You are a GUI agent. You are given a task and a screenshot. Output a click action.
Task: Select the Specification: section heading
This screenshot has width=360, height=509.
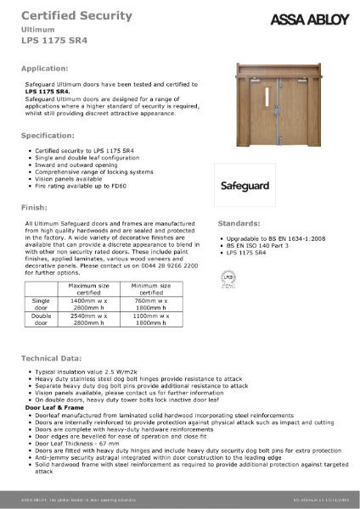53,135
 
